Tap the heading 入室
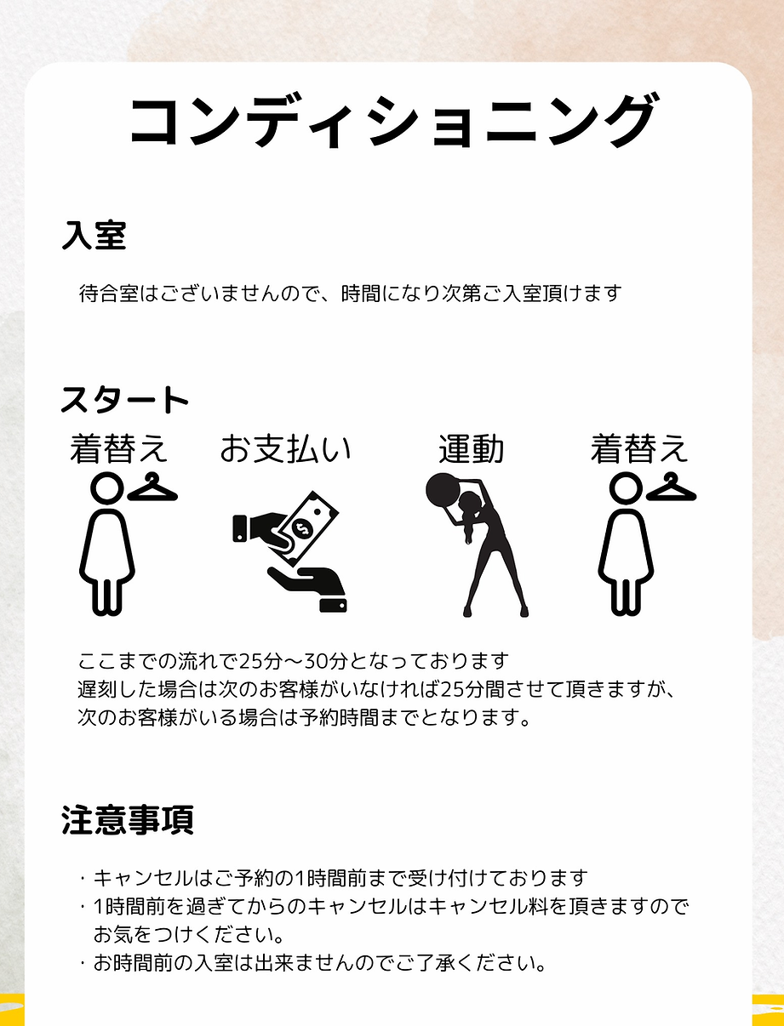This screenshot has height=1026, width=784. click(94, 235)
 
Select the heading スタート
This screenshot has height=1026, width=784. click(124, 400)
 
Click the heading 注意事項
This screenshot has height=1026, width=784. click(127, 820)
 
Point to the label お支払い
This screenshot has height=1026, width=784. click(286, 448)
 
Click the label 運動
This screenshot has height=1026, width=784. click(472, 448)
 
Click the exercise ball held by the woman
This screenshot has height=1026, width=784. click(443, 490)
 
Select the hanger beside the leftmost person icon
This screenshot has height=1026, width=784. click(152, 487)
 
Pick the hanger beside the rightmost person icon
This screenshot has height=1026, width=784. click(672, 487)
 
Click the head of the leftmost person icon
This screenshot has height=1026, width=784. click(107, 489)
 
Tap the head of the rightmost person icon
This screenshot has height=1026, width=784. click(626, 489)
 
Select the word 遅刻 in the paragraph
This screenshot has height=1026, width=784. click(97, 689)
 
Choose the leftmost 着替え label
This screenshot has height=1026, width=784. click(118, 448)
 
